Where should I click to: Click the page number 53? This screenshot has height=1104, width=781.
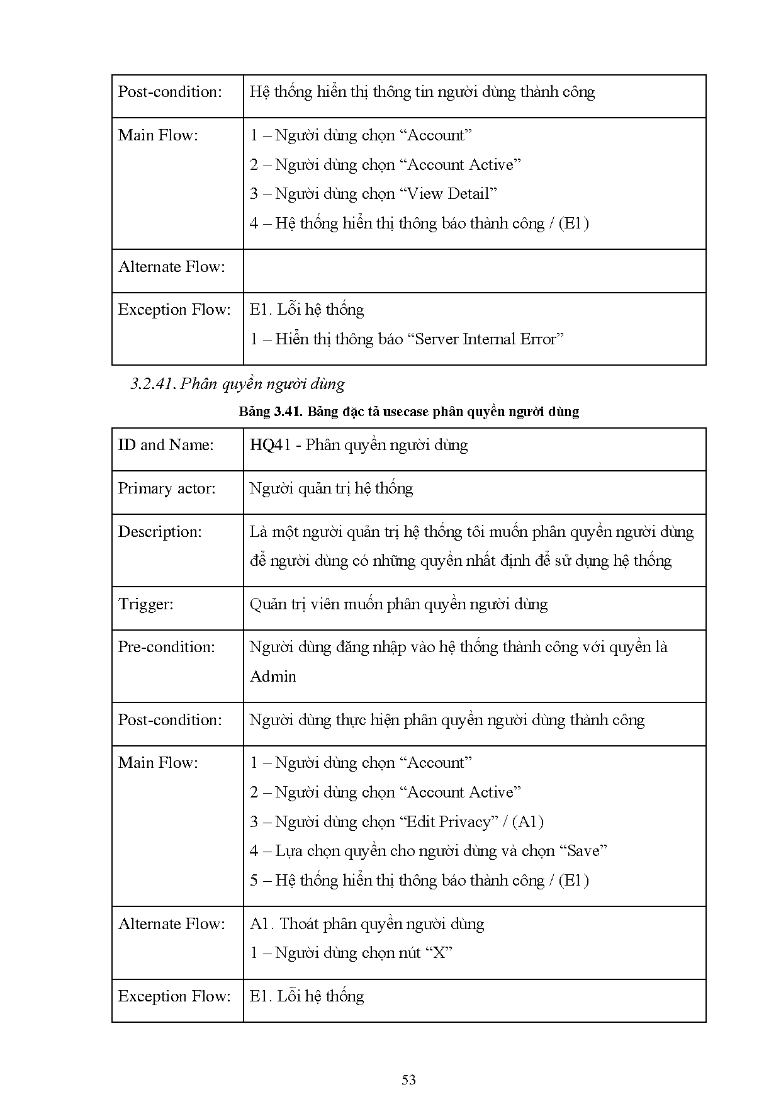[408, 1080]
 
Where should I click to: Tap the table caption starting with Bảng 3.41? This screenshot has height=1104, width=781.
[408, 412]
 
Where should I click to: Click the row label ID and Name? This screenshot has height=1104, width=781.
[166, 445]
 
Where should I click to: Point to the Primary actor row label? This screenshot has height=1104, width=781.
[167, 488]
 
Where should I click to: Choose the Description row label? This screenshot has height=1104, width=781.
[160, 532]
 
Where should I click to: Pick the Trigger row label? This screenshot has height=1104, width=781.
[145, 604]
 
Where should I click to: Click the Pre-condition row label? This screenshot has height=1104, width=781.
[166, 647]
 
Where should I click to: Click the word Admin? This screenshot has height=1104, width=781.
[273, 677]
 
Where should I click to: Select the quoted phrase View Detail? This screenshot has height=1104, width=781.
[448, 194]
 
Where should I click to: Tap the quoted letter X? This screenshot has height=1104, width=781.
[439, 953]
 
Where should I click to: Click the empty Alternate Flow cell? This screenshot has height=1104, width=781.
[474, 271]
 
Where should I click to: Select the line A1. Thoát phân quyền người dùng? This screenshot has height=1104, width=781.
[367, 924]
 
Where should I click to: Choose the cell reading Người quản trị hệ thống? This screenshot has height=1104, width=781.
[331, 488]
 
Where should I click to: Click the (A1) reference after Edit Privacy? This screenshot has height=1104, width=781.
[527, 821]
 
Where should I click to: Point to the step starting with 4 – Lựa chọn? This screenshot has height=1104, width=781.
[428, 851]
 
